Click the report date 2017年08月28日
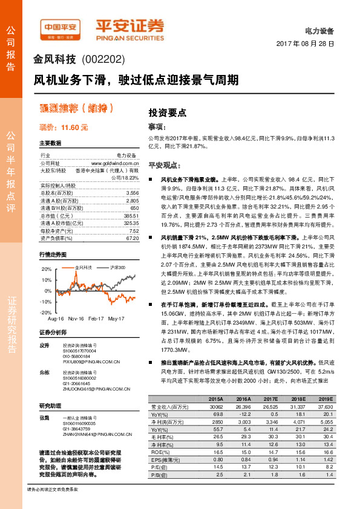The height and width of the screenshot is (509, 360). [x=305, y=45]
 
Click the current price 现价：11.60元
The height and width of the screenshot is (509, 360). [x=64, y=128]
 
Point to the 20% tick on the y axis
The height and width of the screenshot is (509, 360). [x=47, y=268]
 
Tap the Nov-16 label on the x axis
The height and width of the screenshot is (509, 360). [x=76, y=318]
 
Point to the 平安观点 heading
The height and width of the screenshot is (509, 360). [x=165, y=165]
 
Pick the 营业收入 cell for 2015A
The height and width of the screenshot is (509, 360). [x=215, y=407]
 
